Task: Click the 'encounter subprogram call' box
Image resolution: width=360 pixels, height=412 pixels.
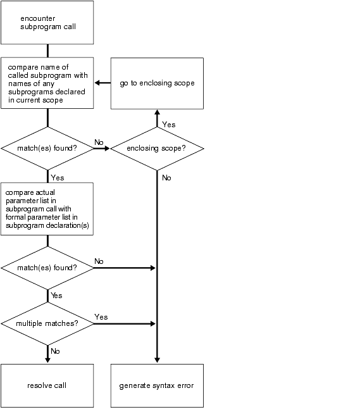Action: click(x=47, y=23)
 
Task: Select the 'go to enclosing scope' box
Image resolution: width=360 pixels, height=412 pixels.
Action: click(x=157, y=84)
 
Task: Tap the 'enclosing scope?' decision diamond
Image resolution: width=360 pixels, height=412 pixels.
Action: click(x=157, y=149)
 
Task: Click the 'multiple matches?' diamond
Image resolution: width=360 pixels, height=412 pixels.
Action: click(x=47, y=323)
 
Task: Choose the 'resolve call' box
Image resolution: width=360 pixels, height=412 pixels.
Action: click(x=47, y=385)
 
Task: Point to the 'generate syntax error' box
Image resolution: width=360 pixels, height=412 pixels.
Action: click(x=157, y=385)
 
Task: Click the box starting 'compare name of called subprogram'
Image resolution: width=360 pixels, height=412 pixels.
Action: click(x=47, y=83)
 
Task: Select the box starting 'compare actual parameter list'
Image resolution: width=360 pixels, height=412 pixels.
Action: click(x=47, y=209)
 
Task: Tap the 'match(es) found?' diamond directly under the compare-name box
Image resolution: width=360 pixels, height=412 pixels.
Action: click(x=47, y=149)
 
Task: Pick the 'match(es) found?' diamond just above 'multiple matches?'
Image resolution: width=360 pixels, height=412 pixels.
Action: click(x=47, y=268)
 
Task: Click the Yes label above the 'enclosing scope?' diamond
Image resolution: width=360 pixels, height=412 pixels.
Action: click(x=169, y=125)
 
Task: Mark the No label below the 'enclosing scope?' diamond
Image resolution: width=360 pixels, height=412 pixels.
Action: click(x=166, y=178)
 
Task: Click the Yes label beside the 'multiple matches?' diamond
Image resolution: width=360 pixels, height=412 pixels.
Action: click(x=101, y=317)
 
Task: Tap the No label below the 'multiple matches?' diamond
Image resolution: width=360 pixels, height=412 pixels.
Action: click(x=55, y=351)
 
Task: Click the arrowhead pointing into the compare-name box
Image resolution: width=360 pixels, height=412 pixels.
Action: click(x=97, y=83)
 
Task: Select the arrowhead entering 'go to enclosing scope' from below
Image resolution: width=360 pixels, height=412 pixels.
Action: click(x=157, y=113)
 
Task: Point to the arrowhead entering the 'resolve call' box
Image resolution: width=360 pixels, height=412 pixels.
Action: click(x=47, y=360)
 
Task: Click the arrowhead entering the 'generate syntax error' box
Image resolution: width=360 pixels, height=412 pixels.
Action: click(x=157, y=360)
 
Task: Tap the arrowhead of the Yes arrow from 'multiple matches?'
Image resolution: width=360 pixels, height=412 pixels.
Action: click(x=153, y=324)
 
